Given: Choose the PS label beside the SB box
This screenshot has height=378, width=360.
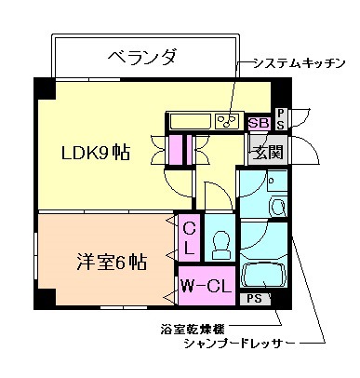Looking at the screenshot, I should (x=281, y=118).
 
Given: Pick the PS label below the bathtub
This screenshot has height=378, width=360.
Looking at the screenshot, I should (x=252, y=299).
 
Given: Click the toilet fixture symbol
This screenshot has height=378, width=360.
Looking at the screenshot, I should (x=220, y=245).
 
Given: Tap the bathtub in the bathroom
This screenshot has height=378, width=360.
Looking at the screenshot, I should (x=263, y=276).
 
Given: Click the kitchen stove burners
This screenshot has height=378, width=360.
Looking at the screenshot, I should (x=226, y=121).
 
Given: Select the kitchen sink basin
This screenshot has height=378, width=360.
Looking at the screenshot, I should (x=191, y=121).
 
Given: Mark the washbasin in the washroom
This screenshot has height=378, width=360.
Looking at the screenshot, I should (x=276, y=205).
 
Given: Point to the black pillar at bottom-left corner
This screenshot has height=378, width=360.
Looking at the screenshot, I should (x=42, y=302).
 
